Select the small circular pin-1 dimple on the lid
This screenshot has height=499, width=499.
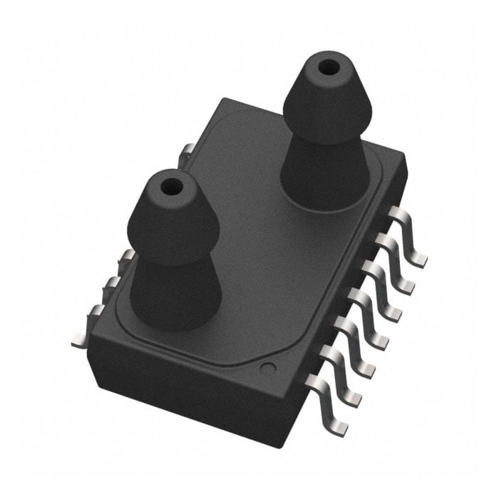point(267,369)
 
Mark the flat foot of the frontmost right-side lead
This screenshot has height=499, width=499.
point(339,429)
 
